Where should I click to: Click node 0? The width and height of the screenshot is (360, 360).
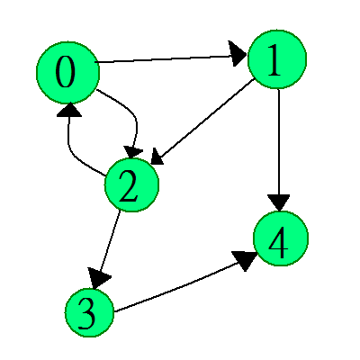pyautogui.click(x=67, y=73)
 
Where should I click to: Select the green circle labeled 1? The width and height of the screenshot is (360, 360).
pyautogui.click(x=277, y=59)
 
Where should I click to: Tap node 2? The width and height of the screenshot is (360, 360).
pyautogui.click(x=131, y=185)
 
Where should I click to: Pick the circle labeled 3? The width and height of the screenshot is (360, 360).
pyautogui.click(x=89, y=312)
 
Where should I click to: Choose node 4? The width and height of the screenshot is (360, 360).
pyautogui.click(x=281, y=238)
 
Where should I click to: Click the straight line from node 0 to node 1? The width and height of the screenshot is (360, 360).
pyautogui.click(x=170, y=59)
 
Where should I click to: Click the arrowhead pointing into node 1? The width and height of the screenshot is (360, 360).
pyautogui.click(x=237, y=54)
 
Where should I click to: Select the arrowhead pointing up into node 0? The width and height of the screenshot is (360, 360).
pyautogui.click(x=69, y=110)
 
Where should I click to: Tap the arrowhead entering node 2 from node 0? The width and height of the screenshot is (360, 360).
pyautogui.click(x=133, y=152)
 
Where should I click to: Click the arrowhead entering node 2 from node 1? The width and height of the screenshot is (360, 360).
pyautogui.click(x=157, y=157)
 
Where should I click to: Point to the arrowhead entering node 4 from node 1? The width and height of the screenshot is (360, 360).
pyautogui.click(x=279, y=202)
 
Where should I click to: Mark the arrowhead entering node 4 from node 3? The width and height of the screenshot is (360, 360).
pyautogui.click(x=246, y=260)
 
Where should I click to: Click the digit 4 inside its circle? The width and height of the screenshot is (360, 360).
pyautogui.click(x=278, y=242)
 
